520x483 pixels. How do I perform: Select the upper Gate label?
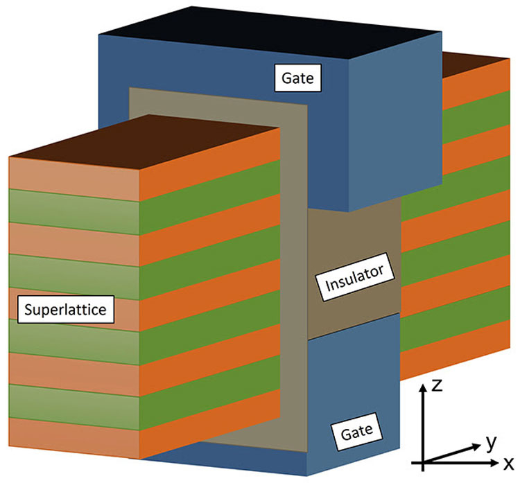pos(297,78)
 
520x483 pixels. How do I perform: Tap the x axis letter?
pos(508,461)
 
